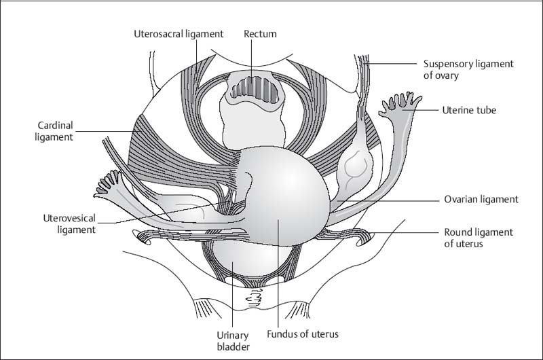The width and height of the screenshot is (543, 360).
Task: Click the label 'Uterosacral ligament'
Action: (x=178, y=33)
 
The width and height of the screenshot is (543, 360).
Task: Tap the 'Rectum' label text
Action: (x=261, y=33)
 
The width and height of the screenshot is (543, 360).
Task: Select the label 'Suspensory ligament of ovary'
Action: (x=468, y=69)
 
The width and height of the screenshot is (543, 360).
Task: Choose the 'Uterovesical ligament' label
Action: (x=68, y=223)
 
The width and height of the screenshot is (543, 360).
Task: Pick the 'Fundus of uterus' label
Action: (x=302, y=334)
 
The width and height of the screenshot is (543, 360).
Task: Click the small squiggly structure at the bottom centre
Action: (x=259, y=297)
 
